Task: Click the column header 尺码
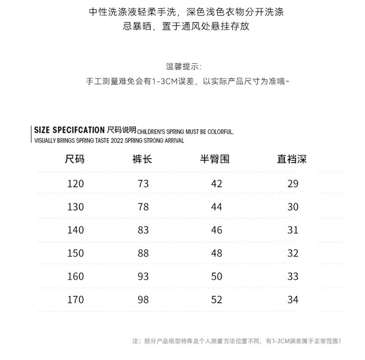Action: click(74, 159)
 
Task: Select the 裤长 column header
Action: click(142, 159)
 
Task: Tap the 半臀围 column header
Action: click(215, 159)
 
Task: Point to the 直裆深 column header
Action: click(292, 159)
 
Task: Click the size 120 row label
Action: click(75, 184)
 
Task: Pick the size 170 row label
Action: click(75, 300)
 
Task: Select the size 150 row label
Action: click(75, 253)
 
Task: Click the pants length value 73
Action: click(143, 184)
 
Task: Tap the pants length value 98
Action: click(143, 300)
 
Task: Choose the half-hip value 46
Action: click(217, 230)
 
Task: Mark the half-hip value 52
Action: click(217, 300)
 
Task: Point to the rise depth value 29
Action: click(293, 184)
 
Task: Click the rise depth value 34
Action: click(293, 300)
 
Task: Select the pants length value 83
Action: click(143, 230)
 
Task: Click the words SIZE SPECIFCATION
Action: click(69, 130)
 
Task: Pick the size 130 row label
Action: click(75, 207)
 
